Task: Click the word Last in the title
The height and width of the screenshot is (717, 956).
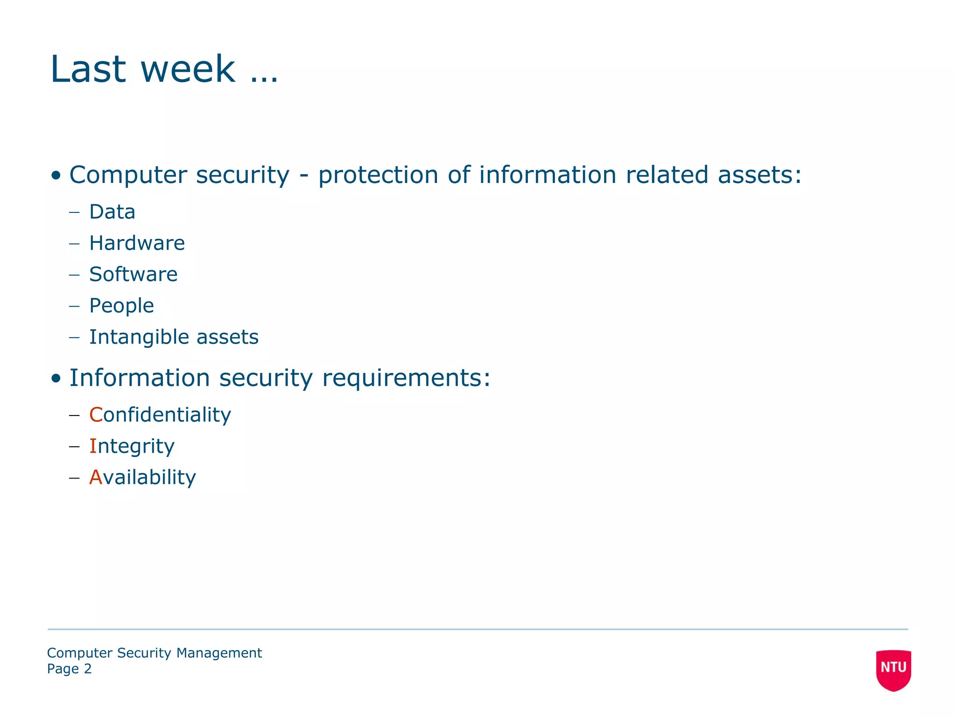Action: [88, 69]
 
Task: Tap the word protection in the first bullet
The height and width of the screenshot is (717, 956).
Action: [378, 176]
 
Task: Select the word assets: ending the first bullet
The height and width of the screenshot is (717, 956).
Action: [759, 176]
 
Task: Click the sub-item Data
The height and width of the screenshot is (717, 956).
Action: [112, 212]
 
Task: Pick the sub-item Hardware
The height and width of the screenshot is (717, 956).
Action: [137, 243]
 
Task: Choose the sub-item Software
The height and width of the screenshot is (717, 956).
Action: [133, 274]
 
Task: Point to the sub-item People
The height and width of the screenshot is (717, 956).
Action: [121, 306]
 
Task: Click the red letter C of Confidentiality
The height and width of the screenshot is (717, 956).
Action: [96, 415]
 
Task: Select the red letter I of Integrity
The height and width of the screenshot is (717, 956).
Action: [93, 446]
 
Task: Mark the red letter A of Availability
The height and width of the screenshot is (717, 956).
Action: [96, 478]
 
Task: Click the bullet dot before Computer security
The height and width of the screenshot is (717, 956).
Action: [56, 176]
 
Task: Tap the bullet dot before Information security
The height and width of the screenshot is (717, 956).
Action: [56, 379]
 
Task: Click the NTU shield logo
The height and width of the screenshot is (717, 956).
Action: [893, 669]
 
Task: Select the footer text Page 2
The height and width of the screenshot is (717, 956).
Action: [69, 669]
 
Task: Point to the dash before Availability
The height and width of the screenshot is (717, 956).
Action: [74, 478]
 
